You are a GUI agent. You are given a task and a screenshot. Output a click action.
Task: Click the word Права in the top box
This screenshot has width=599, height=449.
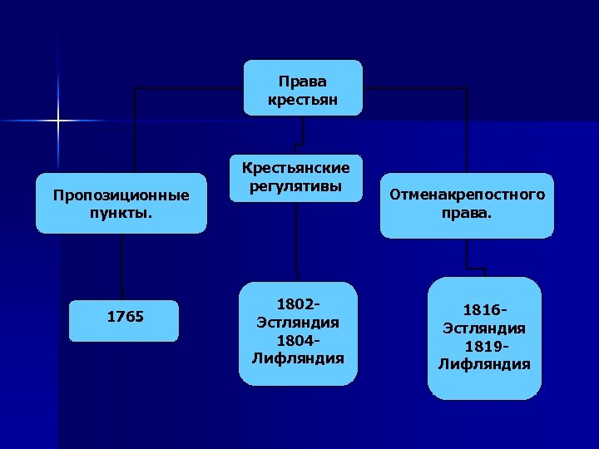coord(304,82)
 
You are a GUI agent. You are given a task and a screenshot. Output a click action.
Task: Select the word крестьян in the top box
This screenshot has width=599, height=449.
coord(304,100)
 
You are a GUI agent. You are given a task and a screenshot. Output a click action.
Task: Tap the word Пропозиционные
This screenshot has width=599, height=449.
coord(121,195)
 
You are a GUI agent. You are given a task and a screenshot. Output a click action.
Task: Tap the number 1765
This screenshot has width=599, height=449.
coord(125,317)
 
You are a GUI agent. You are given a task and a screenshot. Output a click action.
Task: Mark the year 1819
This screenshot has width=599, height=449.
coord(481,347)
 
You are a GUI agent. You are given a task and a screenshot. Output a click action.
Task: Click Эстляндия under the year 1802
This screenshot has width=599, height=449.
coord(298,323)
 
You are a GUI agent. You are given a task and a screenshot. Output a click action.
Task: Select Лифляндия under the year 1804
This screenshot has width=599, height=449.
coord(298,358)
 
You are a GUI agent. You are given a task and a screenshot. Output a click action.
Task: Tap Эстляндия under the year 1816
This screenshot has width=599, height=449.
coord(484,329)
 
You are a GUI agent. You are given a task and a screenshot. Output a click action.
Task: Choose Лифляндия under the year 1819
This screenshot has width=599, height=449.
coord(484,364)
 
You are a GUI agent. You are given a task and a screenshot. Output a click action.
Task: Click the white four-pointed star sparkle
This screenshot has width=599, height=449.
coord(59,121)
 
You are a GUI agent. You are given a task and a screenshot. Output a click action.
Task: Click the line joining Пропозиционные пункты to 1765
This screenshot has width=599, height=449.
coord(121,266)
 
